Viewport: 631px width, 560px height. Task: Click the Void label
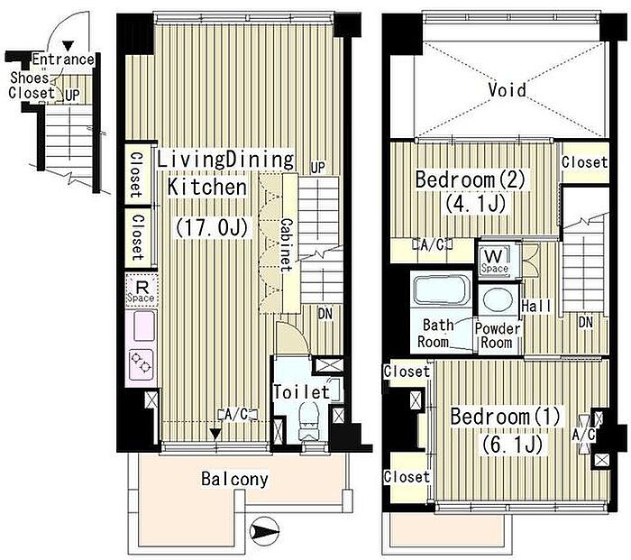[507, 90]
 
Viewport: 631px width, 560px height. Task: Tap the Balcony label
[234, 479]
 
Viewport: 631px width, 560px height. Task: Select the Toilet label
[301, 391]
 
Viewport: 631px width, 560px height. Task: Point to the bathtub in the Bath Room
[442, 289]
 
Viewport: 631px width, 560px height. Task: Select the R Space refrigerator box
[141, 290]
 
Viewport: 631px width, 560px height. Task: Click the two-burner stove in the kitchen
[141, 365]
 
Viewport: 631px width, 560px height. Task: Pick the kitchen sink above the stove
[142, 326]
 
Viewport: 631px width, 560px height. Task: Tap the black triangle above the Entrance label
[69, 46]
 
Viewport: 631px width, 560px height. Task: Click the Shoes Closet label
[31, 85]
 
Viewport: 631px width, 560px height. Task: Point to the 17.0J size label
[212, 228]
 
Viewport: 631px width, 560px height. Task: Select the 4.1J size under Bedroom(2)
[475, 204]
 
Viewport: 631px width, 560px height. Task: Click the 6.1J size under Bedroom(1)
[512, 445]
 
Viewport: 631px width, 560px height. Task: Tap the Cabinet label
[287, 245]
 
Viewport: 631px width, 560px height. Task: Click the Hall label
[536, 306]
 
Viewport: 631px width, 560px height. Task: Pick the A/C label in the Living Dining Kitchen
[237, 414]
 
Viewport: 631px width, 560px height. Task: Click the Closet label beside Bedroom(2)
[584, 162]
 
